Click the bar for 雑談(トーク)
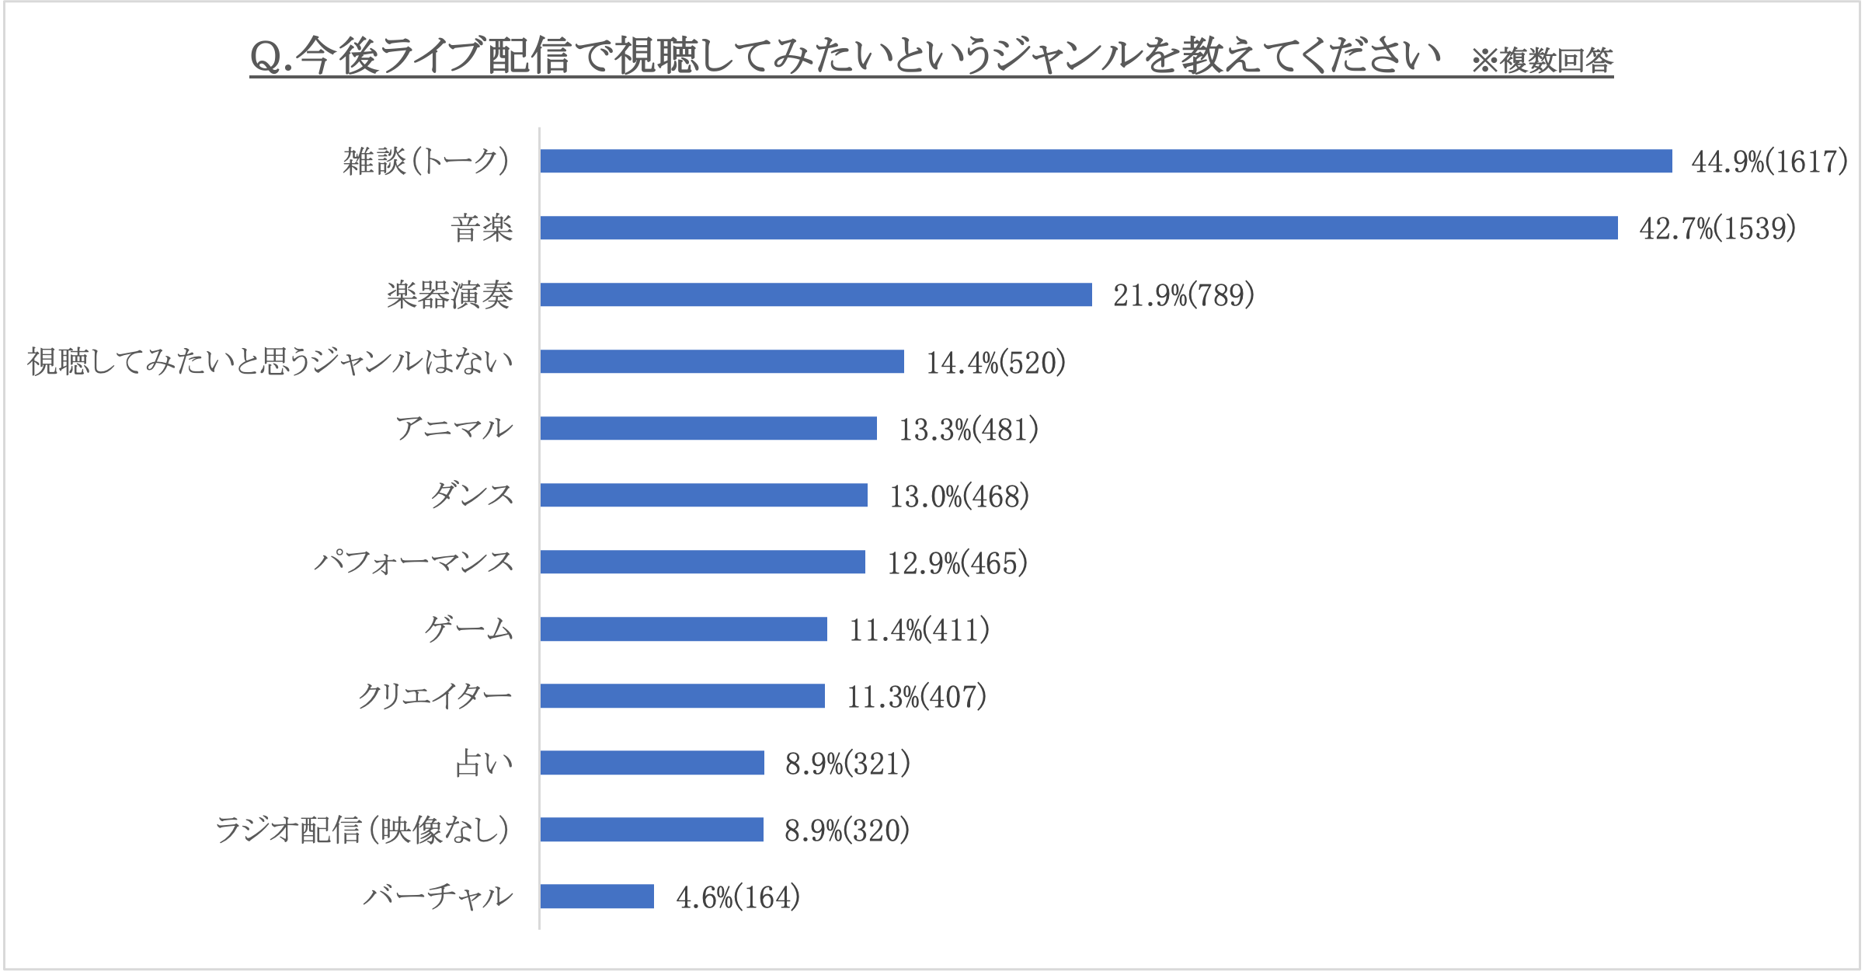click(x=1105, y=161)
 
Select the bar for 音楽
click(x=1078, y=228)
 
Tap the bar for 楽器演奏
click(x=816, y=294)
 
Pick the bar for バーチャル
click(x=597, y=896)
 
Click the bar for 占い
click(x=652, y=762)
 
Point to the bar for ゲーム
click(x=684, y=629)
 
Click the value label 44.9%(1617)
click(x=1769, y=162)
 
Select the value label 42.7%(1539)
click(x=1717, y=228)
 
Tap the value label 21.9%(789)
click(x=1183, y=295)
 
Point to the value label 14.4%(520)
click(x=995, y=362)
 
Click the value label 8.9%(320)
click(x=847, y=830)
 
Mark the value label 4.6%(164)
click(x=737, y=897)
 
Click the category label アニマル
click(x=454, y=428)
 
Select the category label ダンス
click(x=472, y=495)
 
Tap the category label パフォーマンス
click(x=414, y=562)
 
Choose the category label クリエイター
click(x=435, y=695)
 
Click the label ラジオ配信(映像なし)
click(x=363, y=830)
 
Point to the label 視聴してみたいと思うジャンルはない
click(x=270, y=361)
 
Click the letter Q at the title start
click(x=266, y=57)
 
